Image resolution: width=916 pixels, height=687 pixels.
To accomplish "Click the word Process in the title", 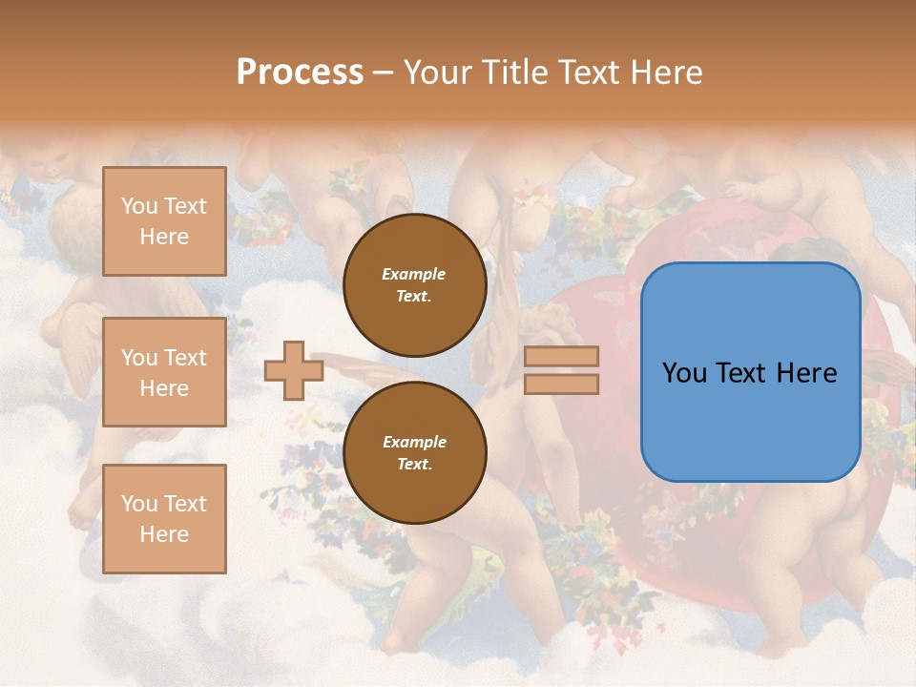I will pyautogui.click(x=300, y=73).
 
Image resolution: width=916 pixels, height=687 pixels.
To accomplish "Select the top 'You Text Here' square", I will pyautogui.click(x=164, y=221).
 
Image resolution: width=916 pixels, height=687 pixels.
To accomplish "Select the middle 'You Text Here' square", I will pyautogui.click(x=164, y=372).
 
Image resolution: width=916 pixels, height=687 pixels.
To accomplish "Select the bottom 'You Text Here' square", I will pyautogui.click(x=164, y=519).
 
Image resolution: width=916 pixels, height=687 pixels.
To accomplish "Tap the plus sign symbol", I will pyautogui.click(x=293, y=370).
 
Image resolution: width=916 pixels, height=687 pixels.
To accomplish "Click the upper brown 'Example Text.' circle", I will pyautogui.click(x=415, y=285).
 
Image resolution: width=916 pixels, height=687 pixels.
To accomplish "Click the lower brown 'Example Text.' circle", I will pyautogui.click(x=415, y=452).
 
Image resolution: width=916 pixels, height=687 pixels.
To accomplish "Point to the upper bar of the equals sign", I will pyautogui.click(x=561, y=356).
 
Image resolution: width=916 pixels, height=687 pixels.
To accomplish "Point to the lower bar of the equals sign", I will pyautogui.click(x=561, y=384).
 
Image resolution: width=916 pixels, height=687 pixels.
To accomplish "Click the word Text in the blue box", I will pyautogui.click(x=750, y=373).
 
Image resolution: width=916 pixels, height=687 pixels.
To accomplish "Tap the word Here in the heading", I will pyautogui.click(x=671, y=73).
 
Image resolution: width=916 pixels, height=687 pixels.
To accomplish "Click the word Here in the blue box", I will pyautogui.click(x=808, y=373).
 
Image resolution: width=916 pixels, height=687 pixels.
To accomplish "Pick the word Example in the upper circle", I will pyautogui.click(x=414, y=274).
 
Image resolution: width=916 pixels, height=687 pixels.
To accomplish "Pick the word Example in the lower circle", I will pyautogui.click(x=414, y=442).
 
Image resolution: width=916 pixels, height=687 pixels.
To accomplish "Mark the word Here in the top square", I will pyautogui.click(x=164, y=237).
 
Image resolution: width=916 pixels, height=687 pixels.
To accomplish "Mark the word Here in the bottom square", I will pyautogui.click(x=164, y=534).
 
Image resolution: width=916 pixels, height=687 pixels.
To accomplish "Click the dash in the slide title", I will pyautogui.click(x=384, y=73).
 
